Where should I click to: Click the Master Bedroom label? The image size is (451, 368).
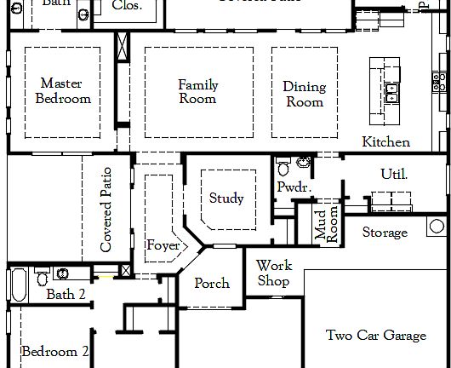[66, 91]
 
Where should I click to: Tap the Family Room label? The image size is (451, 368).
[197, 91]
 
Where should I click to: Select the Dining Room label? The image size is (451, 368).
[304, 94]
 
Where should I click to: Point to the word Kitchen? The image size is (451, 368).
[385, 142]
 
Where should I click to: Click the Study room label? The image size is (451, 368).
[226, 198]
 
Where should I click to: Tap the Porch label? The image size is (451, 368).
[211, 283]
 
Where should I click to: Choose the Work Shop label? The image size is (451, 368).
[273, 273]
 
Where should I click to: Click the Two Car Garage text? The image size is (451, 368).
[376, 336]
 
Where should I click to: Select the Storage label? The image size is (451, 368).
[385, 233]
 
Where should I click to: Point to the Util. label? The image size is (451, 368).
[394, 175]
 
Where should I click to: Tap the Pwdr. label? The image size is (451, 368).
[291, 187]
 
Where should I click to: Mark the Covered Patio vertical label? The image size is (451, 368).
[106, 210]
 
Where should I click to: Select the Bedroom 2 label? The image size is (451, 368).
[55, 351]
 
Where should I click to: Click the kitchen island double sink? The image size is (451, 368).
[393, 92]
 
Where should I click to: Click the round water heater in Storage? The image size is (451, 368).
[437, 226]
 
